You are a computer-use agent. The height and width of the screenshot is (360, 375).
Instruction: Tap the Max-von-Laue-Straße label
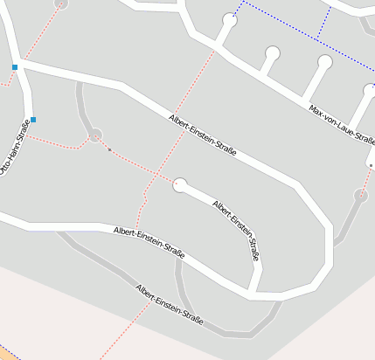[342, 124]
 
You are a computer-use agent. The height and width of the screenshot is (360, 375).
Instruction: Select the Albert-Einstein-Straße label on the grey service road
[170, 305]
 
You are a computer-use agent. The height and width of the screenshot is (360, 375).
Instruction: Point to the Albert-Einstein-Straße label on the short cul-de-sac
[238, 230]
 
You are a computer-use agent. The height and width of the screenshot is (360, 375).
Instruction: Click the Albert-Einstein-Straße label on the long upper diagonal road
[203, 135]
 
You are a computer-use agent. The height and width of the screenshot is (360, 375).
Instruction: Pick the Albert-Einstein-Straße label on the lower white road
[149, 242]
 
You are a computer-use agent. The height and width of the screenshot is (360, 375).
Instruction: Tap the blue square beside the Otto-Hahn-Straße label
[33, 119]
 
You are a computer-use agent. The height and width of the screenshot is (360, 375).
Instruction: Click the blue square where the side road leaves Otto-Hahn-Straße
[15, 66]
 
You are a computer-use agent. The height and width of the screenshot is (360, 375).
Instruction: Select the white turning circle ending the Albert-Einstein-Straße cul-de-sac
[181, 184]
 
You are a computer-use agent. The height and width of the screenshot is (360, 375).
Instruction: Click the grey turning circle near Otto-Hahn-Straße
[95, 135]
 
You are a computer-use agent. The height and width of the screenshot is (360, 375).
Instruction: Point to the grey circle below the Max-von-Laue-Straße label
[361, 195]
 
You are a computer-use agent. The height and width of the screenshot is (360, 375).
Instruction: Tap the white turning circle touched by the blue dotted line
[230, 19]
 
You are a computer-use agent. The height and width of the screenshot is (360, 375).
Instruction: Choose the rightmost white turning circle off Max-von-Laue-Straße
[370, 90]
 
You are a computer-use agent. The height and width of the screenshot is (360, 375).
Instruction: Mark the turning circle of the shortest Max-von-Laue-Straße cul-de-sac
[273, 53]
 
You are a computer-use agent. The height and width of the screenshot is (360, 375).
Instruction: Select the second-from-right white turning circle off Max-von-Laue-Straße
[325, 62]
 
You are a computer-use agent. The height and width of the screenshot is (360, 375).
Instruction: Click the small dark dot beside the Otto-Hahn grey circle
[109, 149]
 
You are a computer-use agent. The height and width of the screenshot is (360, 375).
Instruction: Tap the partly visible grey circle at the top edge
[60, 3]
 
